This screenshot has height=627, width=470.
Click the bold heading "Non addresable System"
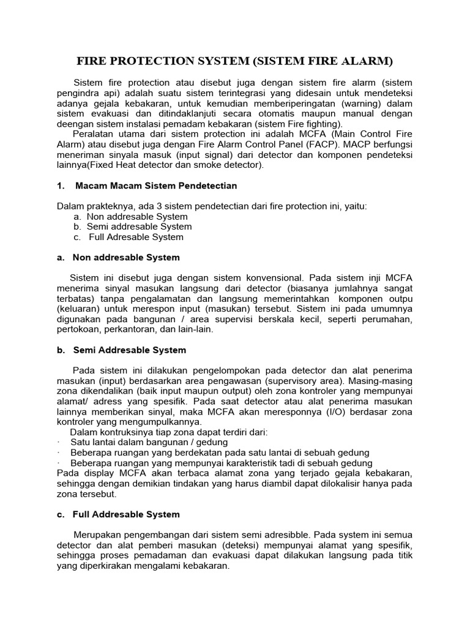126,258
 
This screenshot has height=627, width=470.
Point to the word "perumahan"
388,319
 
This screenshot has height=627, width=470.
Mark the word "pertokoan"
78,329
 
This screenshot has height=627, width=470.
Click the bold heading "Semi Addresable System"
129,350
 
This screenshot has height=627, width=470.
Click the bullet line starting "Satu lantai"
149,442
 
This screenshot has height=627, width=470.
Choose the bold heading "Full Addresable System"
126,514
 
